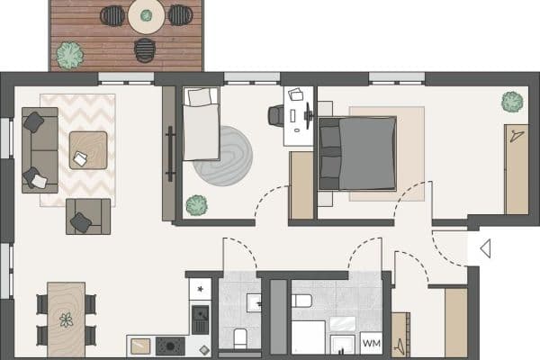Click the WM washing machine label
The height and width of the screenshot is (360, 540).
point(371,343)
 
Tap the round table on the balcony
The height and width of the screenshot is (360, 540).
point(146,15)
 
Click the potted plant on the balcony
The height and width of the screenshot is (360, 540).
point(69,56)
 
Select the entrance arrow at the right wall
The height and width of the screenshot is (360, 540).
point(484,248)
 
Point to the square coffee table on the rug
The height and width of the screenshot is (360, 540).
point(87,150)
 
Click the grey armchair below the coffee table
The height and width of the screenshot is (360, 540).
point(87,216)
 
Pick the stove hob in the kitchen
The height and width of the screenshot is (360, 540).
point(170,345)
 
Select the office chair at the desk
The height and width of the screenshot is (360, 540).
point(277,115)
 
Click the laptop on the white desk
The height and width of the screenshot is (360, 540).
point(296,94)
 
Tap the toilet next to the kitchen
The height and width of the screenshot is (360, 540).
point(240,339)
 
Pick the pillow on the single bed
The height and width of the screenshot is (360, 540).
point(200,96)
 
